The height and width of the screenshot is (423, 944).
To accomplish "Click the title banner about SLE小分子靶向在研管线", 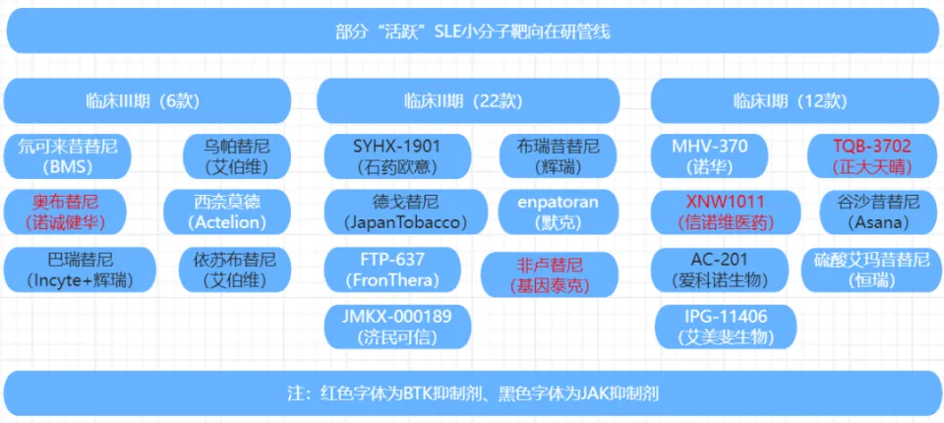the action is [x=472, y=30].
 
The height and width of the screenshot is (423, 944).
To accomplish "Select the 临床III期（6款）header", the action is [x=147, y=100].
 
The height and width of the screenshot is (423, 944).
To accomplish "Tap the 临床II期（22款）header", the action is [x=468, y=100].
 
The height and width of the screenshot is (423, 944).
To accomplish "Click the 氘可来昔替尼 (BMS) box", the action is [x=67, y=156].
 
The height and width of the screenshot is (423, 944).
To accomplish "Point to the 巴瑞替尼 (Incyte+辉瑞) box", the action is [x=80, y=270].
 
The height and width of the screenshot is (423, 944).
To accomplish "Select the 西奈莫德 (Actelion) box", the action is [x=227, y=211].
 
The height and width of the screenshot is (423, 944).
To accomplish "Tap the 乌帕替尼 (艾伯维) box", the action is [x=237, y=156].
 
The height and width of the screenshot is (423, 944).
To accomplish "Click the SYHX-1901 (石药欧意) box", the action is [x=397, y=156].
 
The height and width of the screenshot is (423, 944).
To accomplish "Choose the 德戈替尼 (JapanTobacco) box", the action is [x=406, y=211].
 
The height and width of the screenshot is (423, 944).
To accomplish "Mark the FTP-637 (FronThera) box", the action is [x=393, y=270].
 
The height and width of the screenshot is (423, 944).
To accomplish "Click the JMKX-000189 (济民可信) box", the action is [x=397, y=327].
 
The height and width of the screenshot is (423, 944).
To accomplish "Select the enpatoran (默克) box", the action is [x=559, y=211].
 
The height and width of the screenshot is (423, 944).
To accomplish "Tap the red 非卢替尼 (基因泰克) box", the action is [x=550, y=274].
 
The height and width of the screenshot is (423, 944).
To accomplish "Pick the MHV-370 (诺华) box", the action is [x=710, y=156].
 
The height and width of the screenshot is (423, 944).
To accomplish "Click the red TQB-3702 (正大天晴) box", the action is [x=872, y=156].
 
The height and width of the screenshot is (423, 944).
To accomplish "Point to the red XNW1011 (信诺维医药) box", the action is [x=725, y=211].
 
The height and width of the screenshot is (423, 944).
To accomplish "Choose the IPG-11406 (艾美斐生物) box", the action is [x=725, y=327].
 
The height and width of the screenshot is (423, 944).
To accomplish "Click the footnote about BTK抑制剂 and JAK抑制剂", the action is [x=472, y=393].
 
